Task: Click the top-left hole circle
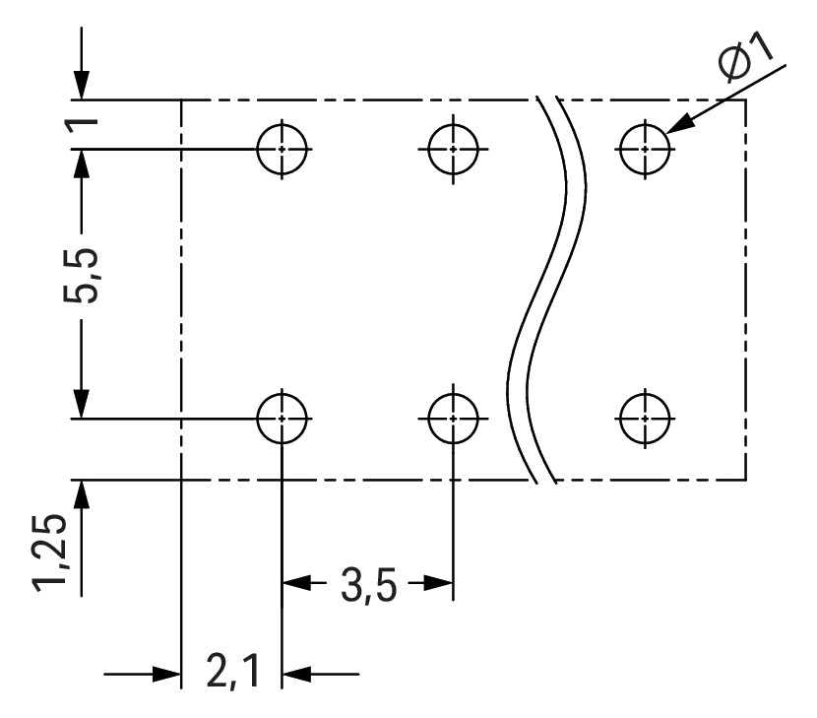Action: (x=282, y=150)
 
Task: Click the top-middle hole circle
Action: (x=453, y=150)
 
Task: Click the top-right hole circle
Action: (x=644, y=150)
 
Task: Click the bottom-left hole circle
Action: (x=282, y=418)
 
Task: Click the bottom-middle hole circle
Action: (x=453, y=418)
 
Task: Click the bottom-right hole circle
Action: (x=644, y=418)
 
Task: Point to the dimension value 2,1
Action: (x=233, y=676)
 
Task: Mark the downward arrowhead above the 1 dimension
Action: (x=81, y=86)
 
